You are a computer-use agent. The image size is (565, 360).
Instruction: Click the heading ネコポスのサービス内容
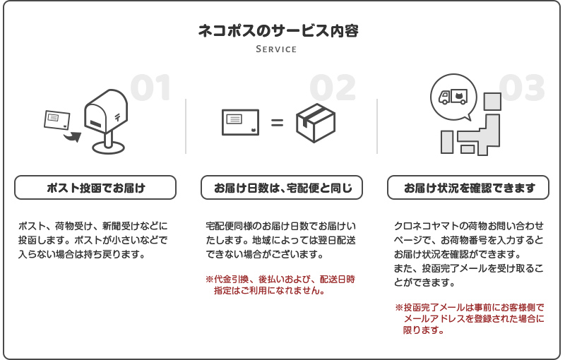coord(278,30)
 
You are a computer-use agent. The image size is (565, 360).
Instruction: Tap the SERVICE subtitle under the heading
coord(276,49)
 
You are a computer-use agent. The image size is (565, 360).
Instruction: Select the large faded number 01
coord(150,88)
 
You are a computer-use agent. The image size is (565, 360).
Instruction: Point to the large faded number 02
coord(333,88)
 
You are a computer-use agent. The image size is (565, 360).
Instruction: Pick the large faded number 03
coord(522,88)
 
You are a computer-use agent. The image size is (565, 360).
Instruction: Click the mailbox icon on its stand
coord(106,121)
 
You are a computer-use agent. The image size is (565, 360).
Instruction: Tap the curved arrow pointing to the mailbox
coord(73,137)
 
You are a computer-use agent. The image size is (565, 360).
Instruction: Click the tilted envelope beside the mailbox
coord(57,120)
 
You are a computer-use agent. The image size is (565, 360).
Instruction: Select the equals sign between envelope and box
coord(277,123)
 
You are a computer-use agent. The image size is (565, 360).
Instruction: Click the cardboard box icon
coord(316,123)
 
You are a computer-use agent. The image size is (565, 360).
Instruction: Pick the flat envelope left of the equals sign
coord(240,122)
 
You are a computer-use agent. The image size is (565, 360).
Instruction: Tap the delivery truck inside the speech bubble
coord(453,97)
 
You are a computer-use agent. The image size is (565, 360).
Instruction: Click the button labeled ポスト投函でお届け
coord(95,188)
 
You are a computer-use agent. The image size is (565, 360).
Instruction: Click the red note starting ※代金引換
coord(280,284)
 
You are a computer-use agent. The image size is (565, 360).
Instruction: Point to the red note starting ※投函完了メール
coord(470,318)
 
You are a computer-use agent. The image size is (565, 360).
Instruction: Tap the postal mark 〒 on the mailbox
coord(118,116)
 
